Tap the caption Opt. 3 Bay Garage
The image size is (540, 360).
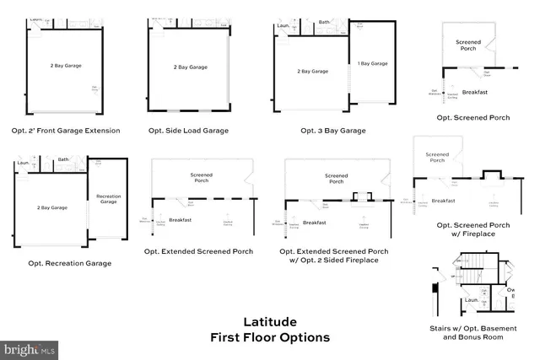(333, 131)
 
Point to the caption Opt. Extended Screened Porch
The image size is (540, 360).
(198, 251)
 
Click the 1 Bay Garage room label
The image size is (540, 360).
(373, 63)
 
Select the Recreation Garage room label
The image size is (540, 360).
(107, 198)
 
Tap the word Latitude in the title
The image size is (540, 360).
(270, 321)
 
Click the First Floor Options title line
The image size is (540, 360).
(270, 337)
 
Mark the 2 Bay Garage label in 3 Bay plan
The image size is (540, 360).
(313, 72)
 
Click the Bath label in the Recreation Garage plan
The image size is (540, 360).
(63, 159)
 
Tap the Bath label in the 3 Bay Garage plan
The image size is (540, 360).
(323, 22)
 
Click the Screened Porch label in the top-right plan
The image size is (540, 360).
(468, 46)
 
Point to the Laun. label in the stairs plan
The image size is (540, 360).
(472, 300)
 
